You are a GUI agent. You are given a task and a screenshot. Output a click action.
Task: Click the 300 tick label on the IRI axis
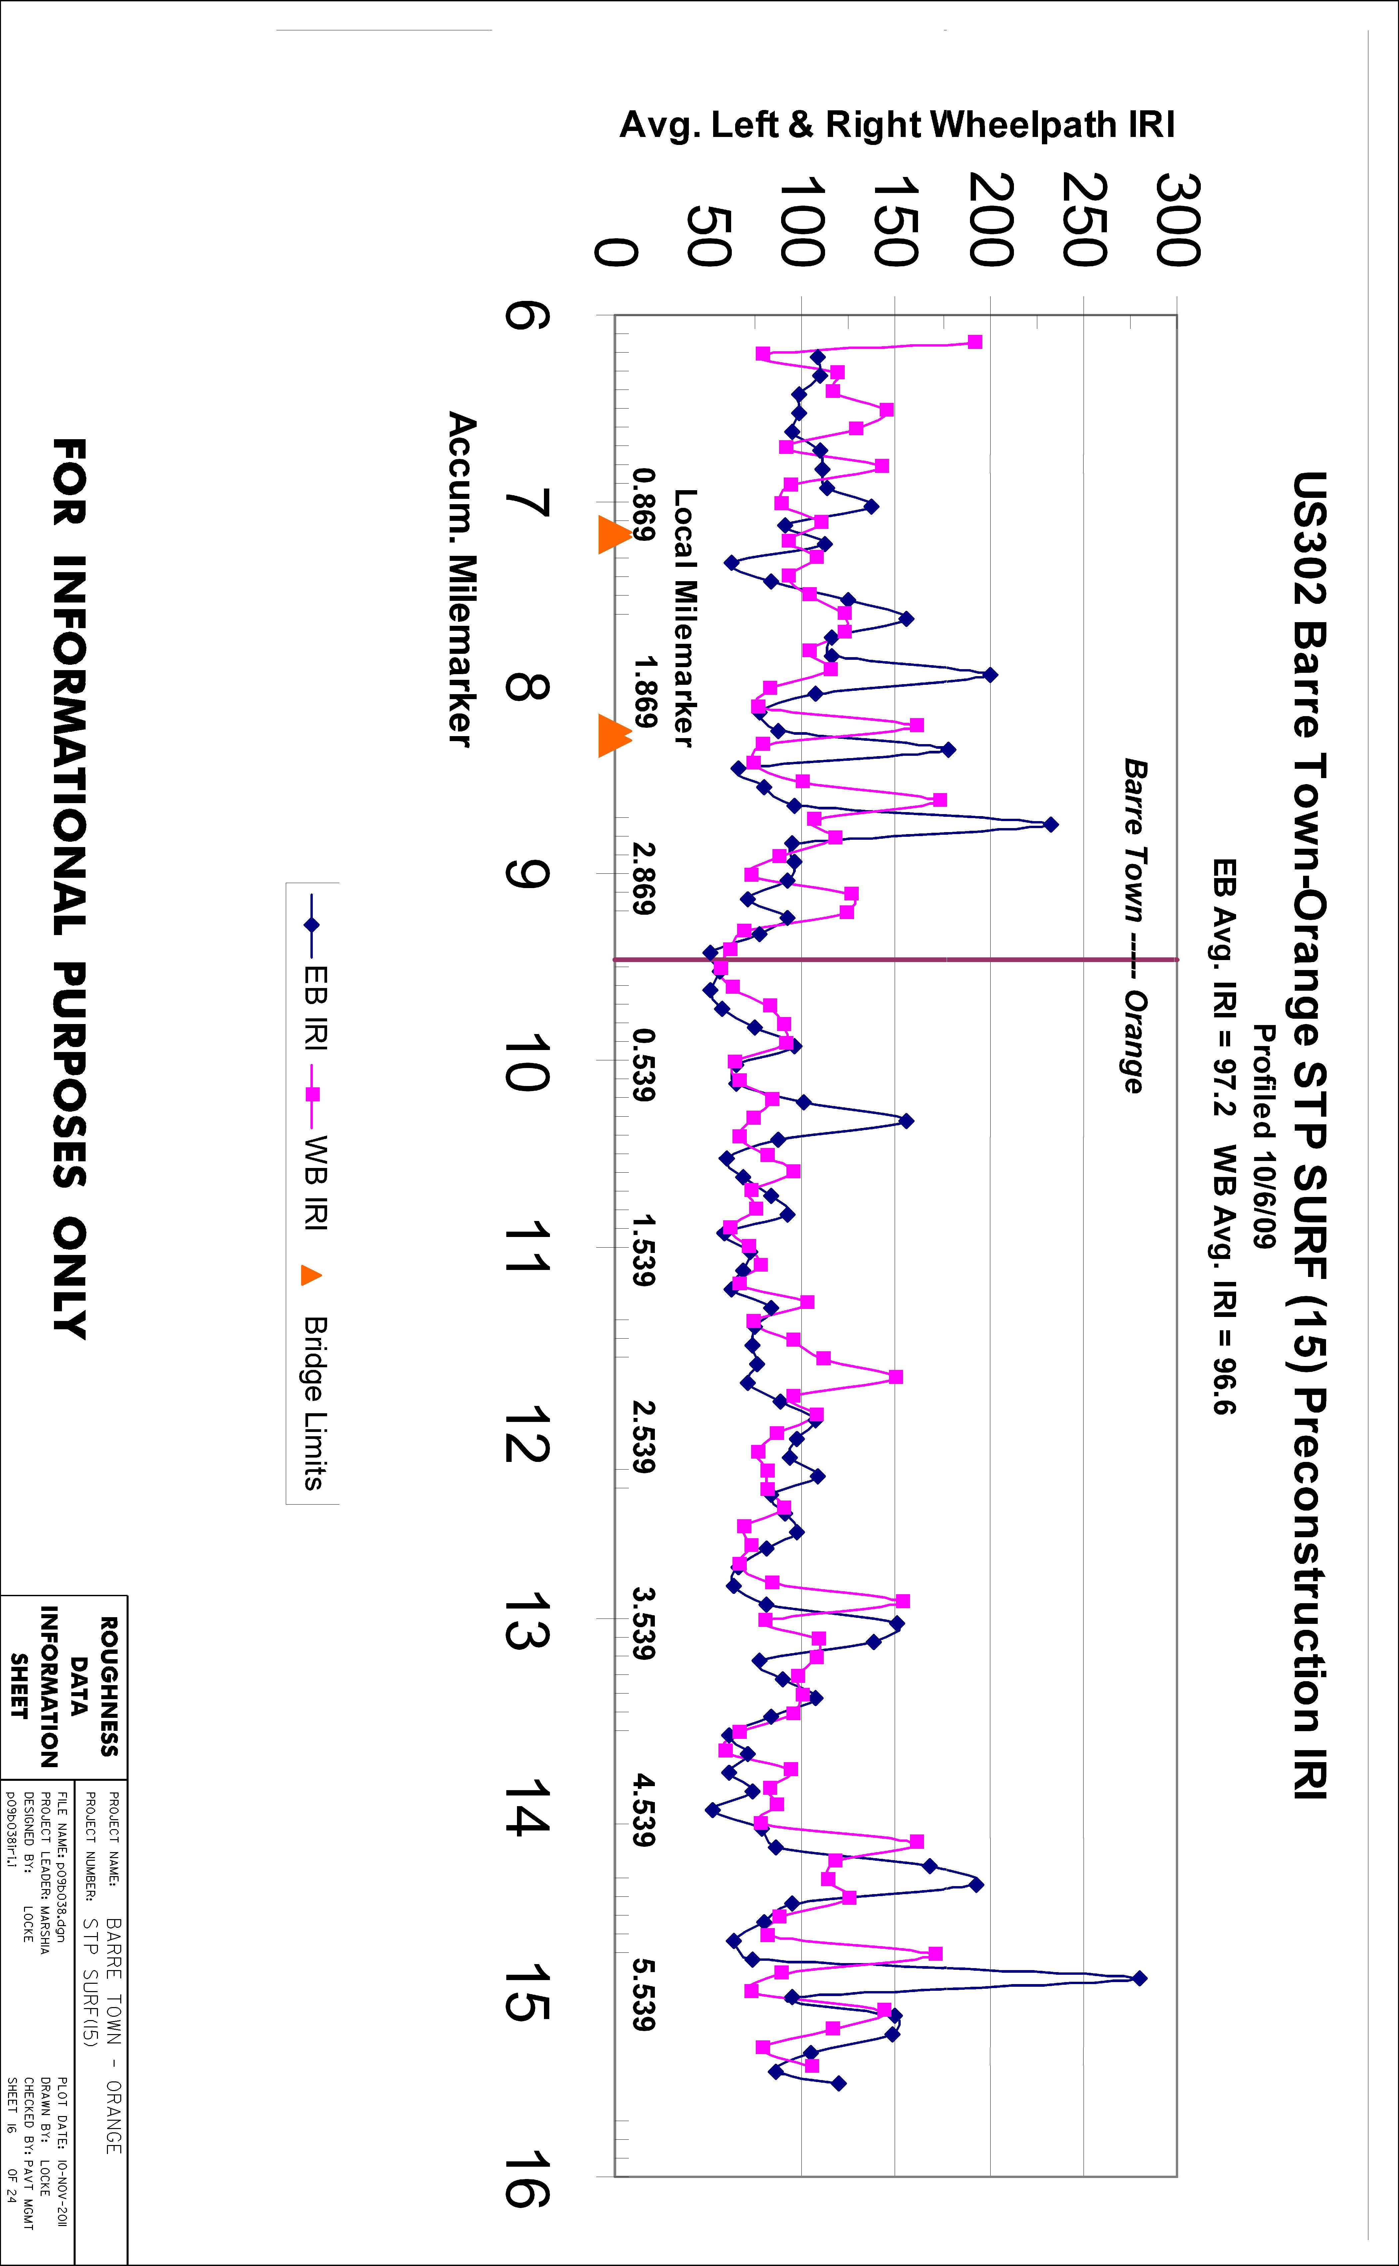1177,220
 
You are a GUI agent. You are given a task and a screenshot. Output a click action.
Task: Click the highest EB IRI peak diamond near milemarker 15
1140,1978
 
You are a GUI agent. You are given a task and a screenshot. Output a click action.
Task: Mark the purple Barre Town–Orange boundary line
896,960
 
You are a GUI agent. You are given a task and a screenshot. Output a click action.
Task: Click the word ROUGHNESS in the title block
109,1687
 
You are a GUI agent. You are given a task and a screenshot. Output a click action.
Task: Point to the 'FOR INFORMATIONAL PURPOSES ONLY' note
69,889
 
